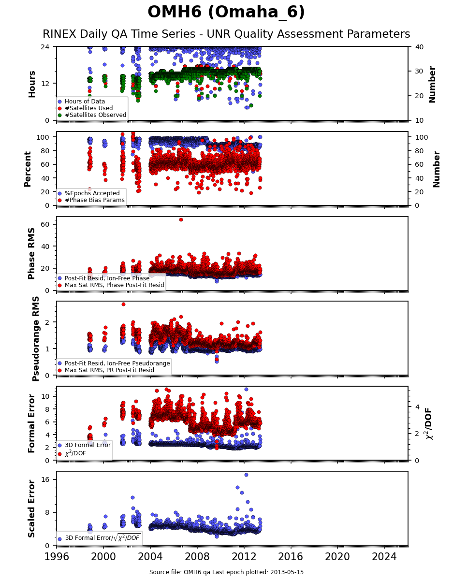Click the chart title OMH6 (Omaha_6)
(x=226, y=12)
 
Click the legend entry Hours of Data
(x=85, y=101)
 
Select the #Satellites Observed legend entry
(x=95, y=115)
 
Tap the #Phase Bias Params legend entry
(x=94, y=200)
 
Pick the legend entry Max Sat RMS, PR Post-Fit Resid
(x=109, y=370)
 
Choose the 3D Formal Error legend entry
(x=88, y=445)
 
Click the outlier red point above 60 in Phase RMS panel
(x=181, y=219)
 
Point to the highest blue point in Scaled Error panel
(x=246, y=475)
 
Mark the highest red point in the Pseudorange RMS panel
(x=123, y=304)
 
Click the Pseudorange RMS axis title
(x=35, y=339)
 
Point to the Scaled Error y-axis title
(x=31, y=509)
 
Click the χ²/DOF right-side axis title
(x=429, y=424)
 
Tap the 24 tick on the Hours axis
(x=45, y=47)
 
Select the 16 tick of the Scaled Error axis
(x=45, y=479)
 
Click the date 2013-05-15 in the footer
(x=287, y=572)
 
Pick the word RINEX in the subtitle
(x=59, y=34)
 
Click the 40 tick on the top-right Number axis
(x=419, y=47)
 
